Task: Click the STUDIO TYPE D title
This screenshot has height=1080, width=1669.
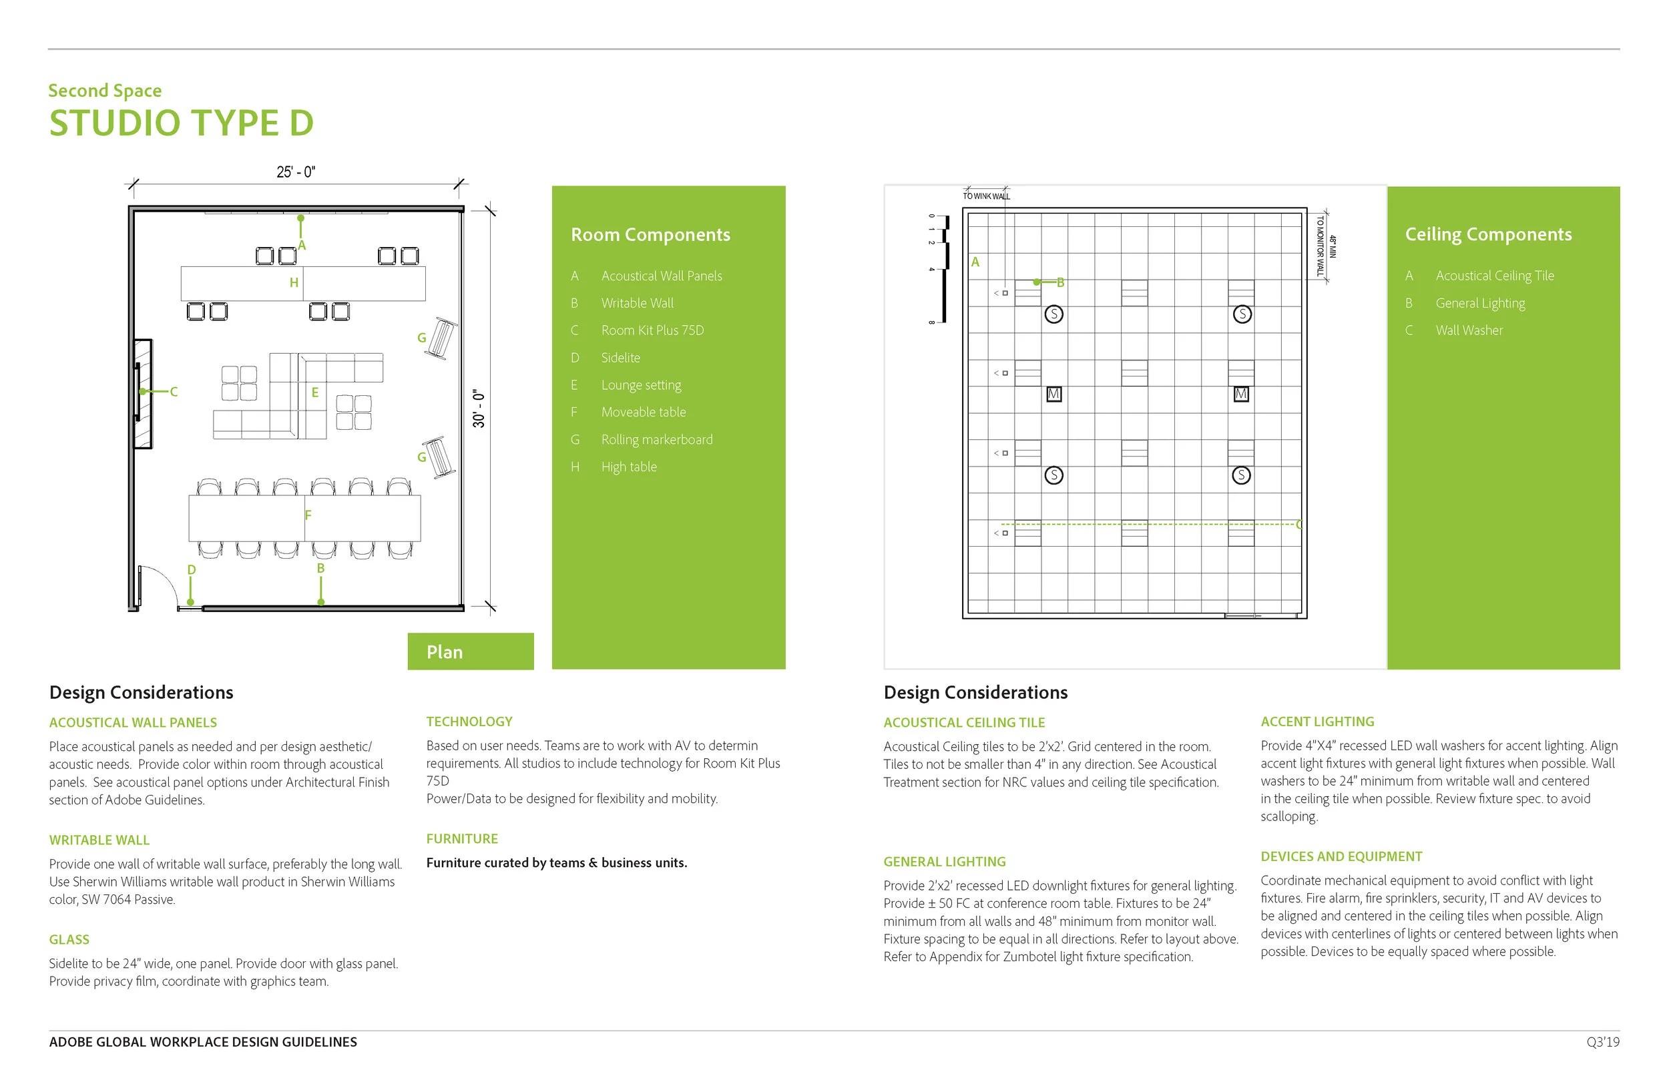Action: [x=181, y=123]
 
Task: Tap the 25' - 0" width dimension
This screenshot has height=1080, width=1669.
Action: [x=295, y=172]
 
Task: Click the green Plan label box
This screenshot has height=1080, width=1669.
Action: [x=470, y=651]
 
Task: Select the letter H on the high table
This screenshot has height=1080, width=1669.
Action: [x=294, y=282]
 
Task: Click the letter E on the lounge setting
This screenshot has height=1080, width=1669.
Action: [x=315, y=392]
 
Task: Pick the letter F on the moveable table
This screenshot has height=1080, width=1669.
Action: [x=308, y=515]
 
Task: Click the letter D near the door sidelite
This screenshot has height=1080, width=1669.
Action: [x=192, y=569]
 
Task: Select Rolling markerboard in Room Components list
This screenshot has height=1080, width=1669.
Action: [x=656, y=440]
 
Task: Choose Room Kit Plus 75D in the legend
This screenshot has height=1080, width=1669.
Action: [x=652, y=330]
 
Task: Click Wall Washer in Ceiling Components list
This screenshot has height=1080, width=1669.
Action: [x=1469, y=330]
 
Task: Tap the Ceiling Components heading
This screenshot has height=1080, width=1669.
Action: [x=1488, y=234]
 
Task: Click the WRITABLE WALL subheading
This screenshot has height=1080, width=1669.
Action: [x=99, y=840]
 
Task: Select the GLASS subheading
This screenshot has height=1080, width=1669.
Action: [x=69, y=940]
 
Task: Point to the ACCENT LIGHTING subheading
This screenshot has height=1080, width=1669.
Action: [x=1317, y=722]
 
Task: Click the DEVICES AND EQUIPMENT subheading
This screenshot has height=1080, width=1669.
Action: [x=1341, y=856]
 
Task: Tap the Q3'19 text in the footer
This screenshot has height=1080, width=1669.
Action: [x=1602, y=1042]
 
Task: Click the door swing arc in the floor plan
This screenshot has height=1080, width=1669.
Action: [x=165, y=579]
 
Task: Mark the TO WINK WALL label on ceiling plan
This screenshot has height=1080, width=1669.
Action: [x=986, y=196]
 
